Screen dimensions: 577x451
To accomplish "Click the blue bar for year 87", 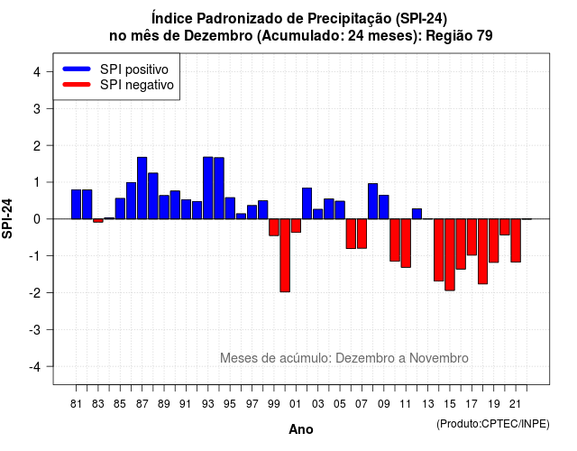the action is coord(142,189).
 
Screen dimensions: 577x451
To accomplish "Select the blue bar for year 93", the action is coord(208,188).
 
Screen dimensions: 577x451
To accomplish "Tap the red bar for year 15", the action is coord(450,254).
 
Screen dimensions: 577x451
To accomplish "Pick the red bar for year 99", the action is coord(274,227).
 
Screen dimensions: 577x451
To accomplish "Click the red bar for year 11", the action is coord(406,243).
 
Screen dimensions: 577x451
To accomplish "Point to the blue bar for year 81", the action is coord(76,205).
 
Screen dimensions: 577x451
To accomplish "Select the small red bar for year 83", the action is coord(98,220).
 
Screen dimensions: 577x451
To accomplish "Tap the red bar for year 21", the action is coord(516,241).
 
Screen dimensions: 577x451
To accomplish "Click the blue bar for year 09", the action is coord(384,207).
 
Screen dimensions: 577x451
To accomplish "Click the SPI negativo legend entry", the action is coord(118,85).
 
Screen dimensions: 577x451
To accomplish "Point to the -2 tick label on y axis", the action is coord(36,292).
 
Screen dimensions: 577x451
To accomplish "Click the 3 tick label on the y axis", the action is coord(37,108).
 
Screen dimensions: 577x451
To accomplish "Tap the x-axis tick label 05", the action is coord(340,404).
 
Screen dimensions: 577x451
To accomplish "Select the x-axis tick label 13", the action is coord(427,404).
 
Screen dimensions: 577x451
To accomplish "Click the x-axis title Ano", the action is coord(301,429).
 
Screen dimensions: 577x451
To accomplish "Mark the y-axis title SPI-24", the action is coord(7,218).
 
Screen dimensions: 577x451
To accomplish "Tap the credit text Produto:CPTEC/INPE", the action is coord(493,424).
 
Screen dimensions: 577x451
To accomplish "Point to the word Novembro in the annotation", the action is coord(439,358).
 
